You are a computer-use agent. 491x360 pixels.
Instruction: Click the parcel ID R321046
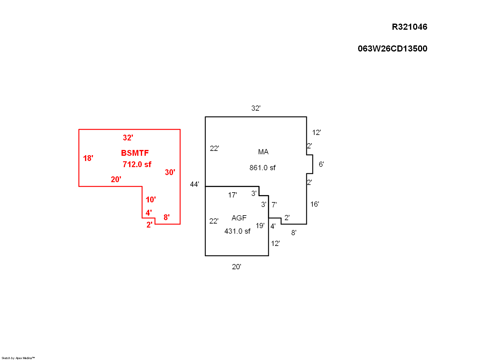coord(409,27)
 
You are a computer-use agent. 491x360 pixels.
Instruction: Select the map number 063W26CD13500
coord(392,49)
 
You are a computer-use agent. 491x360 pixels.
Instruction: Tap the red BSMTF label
coord(135,153)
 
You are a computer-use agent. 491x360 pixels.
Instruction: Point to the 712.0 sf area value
coord(137,164)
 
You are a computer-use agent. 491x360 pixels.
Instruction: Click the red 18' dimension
coord(88,158)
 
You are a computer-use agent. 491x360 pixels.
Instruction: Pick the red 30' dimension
coord(170,172)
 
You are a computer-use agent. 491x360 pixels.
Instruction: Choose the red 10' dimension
coord(151,200)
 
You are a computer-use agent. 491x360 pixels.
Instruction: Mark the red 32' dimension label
coord(128,138)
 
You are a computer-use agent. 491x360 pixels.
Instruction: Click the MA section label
coord(263,152)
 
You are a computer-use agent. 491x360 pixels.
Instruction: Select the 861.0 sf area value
coord(262,168)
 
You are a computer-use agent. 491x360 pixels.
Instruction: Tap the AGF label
coord(239,218)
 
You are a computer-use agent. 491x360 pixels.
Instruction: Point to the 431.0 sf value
coord(237,231)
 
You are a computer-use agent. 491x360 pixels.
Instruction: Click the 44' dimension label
coord(195,184)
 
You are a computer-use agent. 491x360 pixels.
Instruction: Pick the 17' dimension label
coord(232,195)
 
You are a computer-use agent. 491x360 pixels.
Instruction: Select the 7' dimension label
coord(274,205)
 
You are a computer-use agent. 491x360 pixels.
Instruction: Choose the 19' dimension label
coord(260,226)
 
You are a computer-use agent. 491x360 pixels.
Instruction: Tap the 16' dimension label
coord(315,204)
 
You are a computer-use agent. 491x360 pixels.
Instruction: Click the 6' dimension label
coord(321,164)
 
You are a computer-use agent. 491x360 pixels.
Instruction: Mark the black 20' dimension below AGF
coord(236,267)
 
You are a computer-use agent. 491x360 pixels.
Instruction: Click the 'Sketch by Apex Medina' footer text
coord(18,358)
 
